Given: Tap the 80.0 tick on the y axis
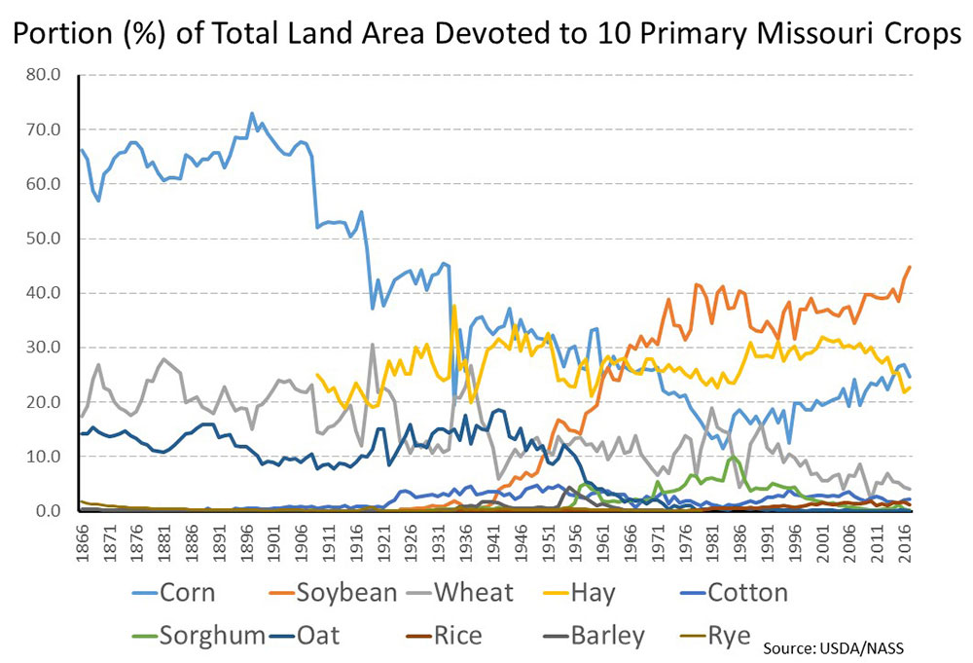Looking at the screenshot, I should point(42,75).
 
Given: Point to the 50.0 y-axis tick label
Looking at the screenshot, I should point(42,239).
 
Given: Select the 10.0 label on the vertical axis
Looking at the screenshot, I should point(42,457).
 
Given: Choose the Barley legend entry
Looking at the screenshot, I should point(609,636).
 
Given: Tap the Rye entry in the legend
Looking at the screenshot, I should point(730,636).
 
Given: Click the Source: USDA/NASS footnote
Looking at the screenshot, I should point(842,645).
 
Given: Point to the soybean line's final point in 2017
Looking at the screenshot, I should point(910,267).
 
